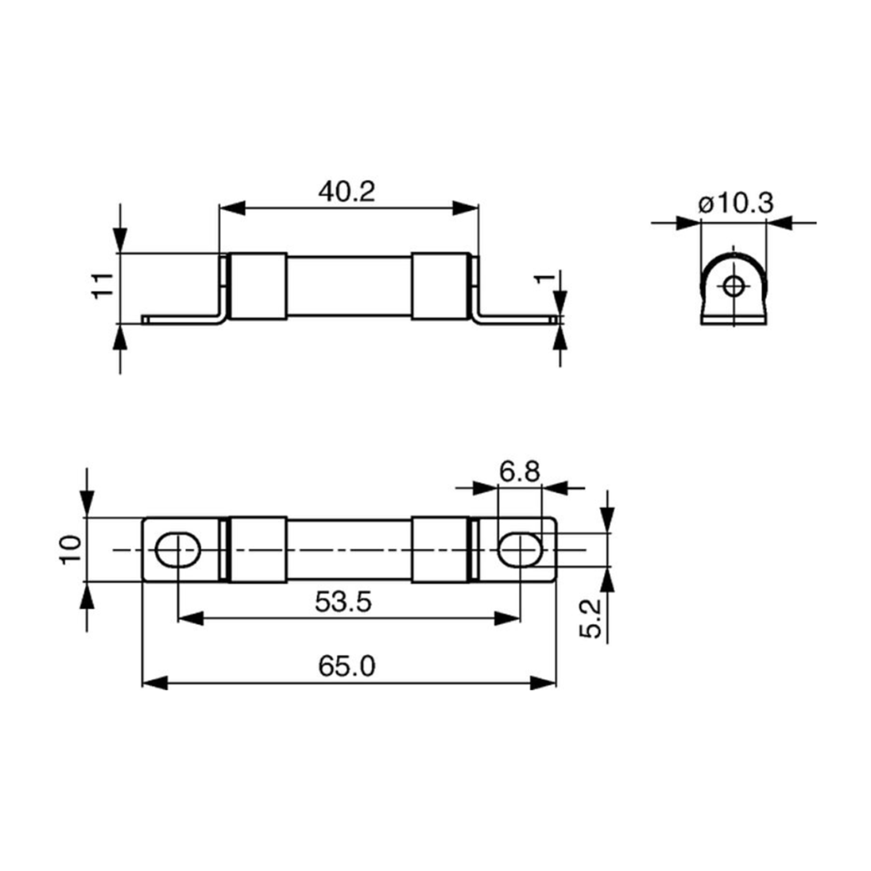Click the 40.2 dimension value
tap(347, 192)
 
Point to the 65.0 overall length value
tap(347, 666)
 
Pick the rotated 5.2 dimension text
tap(590, 618)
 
